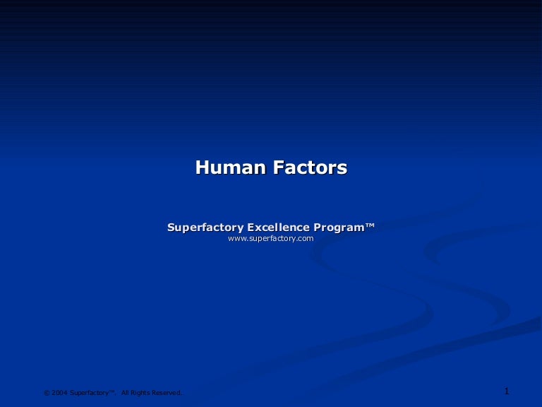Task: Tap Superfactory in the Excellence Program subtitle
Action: [x=205, y=228]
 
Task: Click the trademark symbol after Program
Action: [x=370, y=225]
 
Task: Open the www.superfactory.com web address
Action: [x=271, y=239]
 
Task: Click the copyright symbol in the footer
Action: [x=47, y=393]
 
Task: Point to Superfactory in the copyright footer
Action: [x=88, y=393]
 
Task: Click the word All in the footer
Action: [x=126, y=393]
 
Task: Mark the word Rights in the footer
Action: [x=141, y=393]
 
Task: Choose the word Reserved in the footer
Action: [x=167, y=393]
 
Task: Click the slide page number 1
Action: [x=507, y=391]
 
